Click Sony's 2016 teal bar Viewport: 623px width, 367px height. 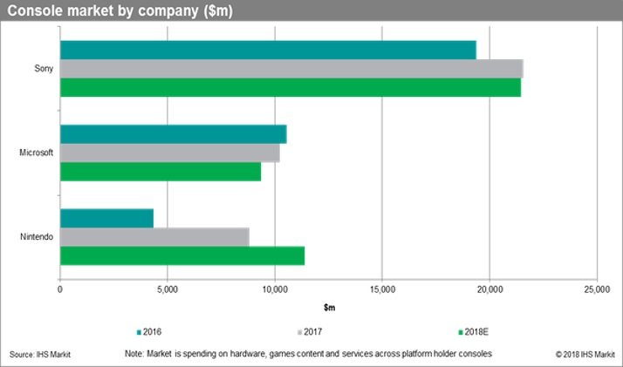tap(268, 50)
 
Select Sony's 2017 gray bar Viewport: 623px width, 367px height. tap(291, 69)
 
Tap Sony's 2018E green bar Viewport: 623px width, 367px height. tap(290, 88)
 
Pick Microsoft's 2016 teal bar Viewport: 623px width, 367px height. tap(173, 133)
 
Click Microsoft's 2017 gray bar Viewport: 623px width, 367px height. tap(169, 153)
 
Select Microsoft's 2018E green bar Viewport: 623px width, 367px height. tap(161, 172)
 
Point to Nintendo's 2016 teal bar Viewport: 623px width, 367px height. tap(106, 218)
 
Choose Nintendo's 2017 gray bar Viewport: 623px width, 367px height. tap(154, 236)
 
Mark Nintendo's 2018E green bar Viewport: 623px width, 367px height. tap(182, 255)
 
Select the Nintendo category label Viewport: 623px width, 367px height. tap(38, 237)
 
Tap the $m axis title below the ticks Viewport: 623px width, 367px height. tap(328, 308)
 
